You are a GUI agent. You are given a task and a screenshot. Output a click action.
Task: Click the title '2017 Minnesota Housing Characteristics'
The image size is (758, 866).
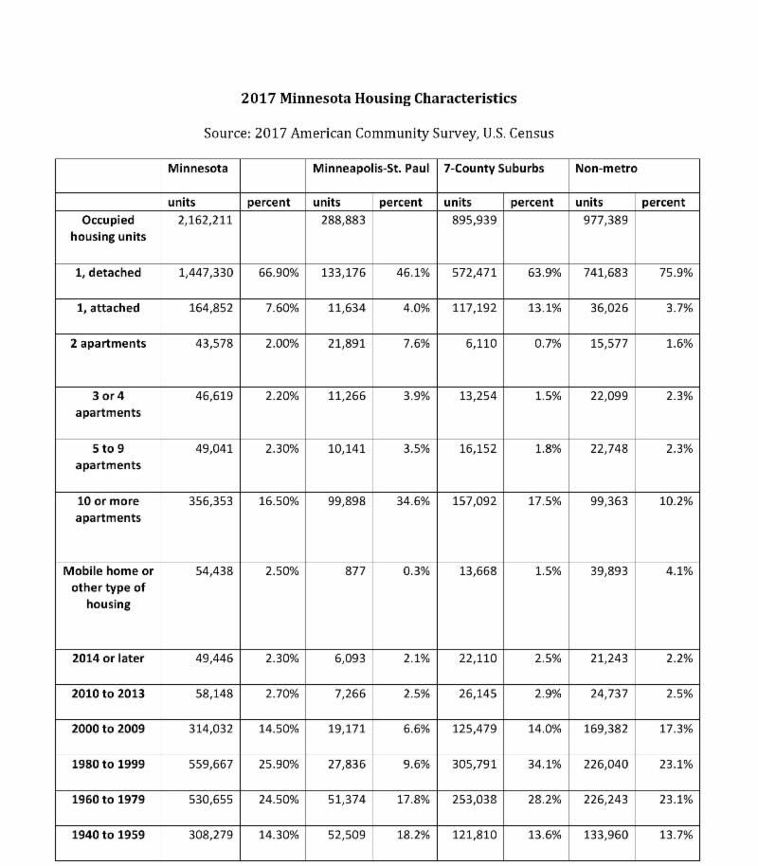point(378,99)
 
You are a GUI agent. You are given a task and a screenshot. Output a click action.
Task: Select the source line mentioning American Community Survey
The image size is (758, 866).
point(378,133)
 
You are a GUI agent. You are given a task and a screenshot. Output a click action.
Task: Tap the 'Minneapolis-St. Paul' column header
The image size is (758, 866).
point(370,169)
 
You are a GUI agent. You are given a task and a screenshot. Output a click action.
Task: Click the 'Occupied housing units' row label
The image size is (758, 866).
point(107,228)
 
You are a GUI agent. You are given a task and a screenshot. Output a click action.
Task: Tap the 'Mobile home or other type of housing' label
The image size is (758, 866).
point(107,587)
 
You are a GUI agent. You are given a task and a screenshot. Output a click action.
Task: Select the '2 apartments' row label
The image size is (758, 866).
point(107,343)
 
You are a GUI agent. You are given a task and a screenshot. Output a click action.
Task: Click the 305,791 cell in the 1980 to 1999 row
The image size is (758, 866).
point(471,764)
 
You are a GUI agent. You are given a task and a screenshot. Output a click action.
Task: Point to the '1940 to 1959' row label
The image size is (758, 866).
point(107,835)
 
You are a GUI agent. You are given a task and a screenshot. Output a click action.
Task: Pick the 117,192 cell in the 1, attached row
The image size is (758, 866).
point(471,308)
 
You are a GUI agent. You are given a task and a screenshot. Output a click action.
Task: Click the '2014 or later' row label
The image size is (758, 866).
point(107,658)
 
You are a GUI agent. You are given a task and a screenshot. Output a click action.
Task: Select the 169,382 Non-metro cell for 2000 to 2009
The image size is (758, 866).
point(603,728)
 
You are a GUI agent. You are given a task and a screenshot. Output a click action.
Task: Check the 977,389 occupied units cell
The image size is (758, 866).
point(603,220)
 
